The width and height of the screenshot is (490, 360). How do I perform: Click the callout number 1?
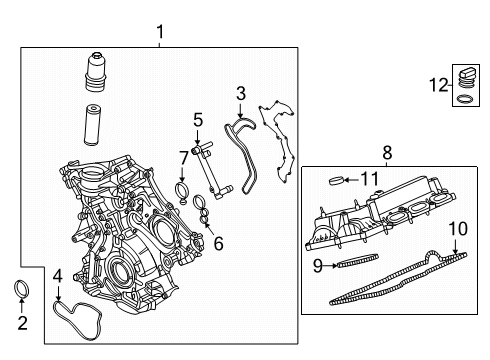(160, 35)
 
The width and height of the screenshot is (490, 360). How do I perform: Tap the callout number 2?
(22, 323)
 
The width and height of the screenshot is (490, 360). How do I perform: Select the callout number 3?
(240, 93)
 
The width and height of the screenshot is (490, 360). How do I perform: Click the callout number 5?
(197, 119)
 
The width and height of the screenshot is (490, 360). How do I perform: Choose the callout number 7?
(183, 156)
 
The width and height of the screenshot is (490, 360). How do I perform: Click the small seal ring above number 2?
(22, 291)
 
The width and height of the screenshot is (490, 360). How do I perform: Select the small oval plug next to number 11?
(338, 181)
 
